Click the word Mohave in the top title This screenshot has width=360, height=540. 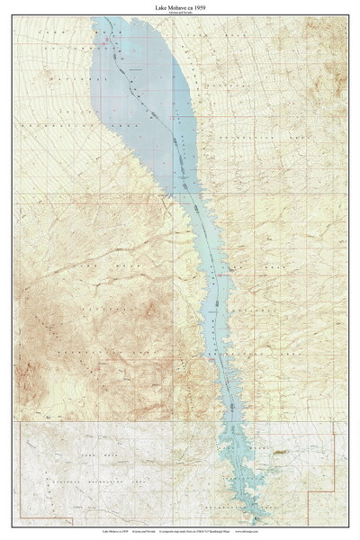click(179, 5)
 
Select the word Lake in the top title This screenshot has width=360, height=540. click(162, 5)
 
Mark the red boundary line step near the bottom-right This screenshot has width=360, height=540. click(309, 491)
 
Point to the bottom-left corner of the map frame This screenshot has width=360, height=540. click(13, 526)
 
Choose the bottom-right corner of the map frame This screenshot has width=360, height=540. click(347, 526)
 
